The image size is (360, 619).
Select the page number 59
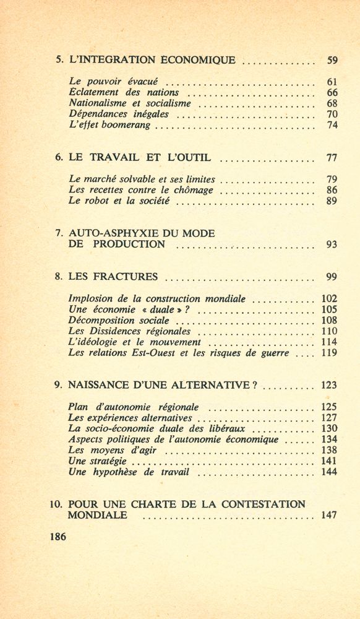tap(332, 60)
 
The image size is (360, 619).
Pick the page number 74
tap(332, 126)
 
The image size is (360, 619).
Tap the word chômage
tap(191, 190)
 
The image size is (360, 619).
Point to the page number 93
tap(332, 245)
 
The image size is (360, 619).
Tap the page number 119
tap(329, 353)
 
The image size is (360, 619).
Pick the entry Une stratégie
tap(98, 462)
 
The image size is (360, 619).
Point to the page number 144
tap(329, 473)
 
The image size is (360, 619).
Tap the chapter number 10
tap(57, 504)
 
